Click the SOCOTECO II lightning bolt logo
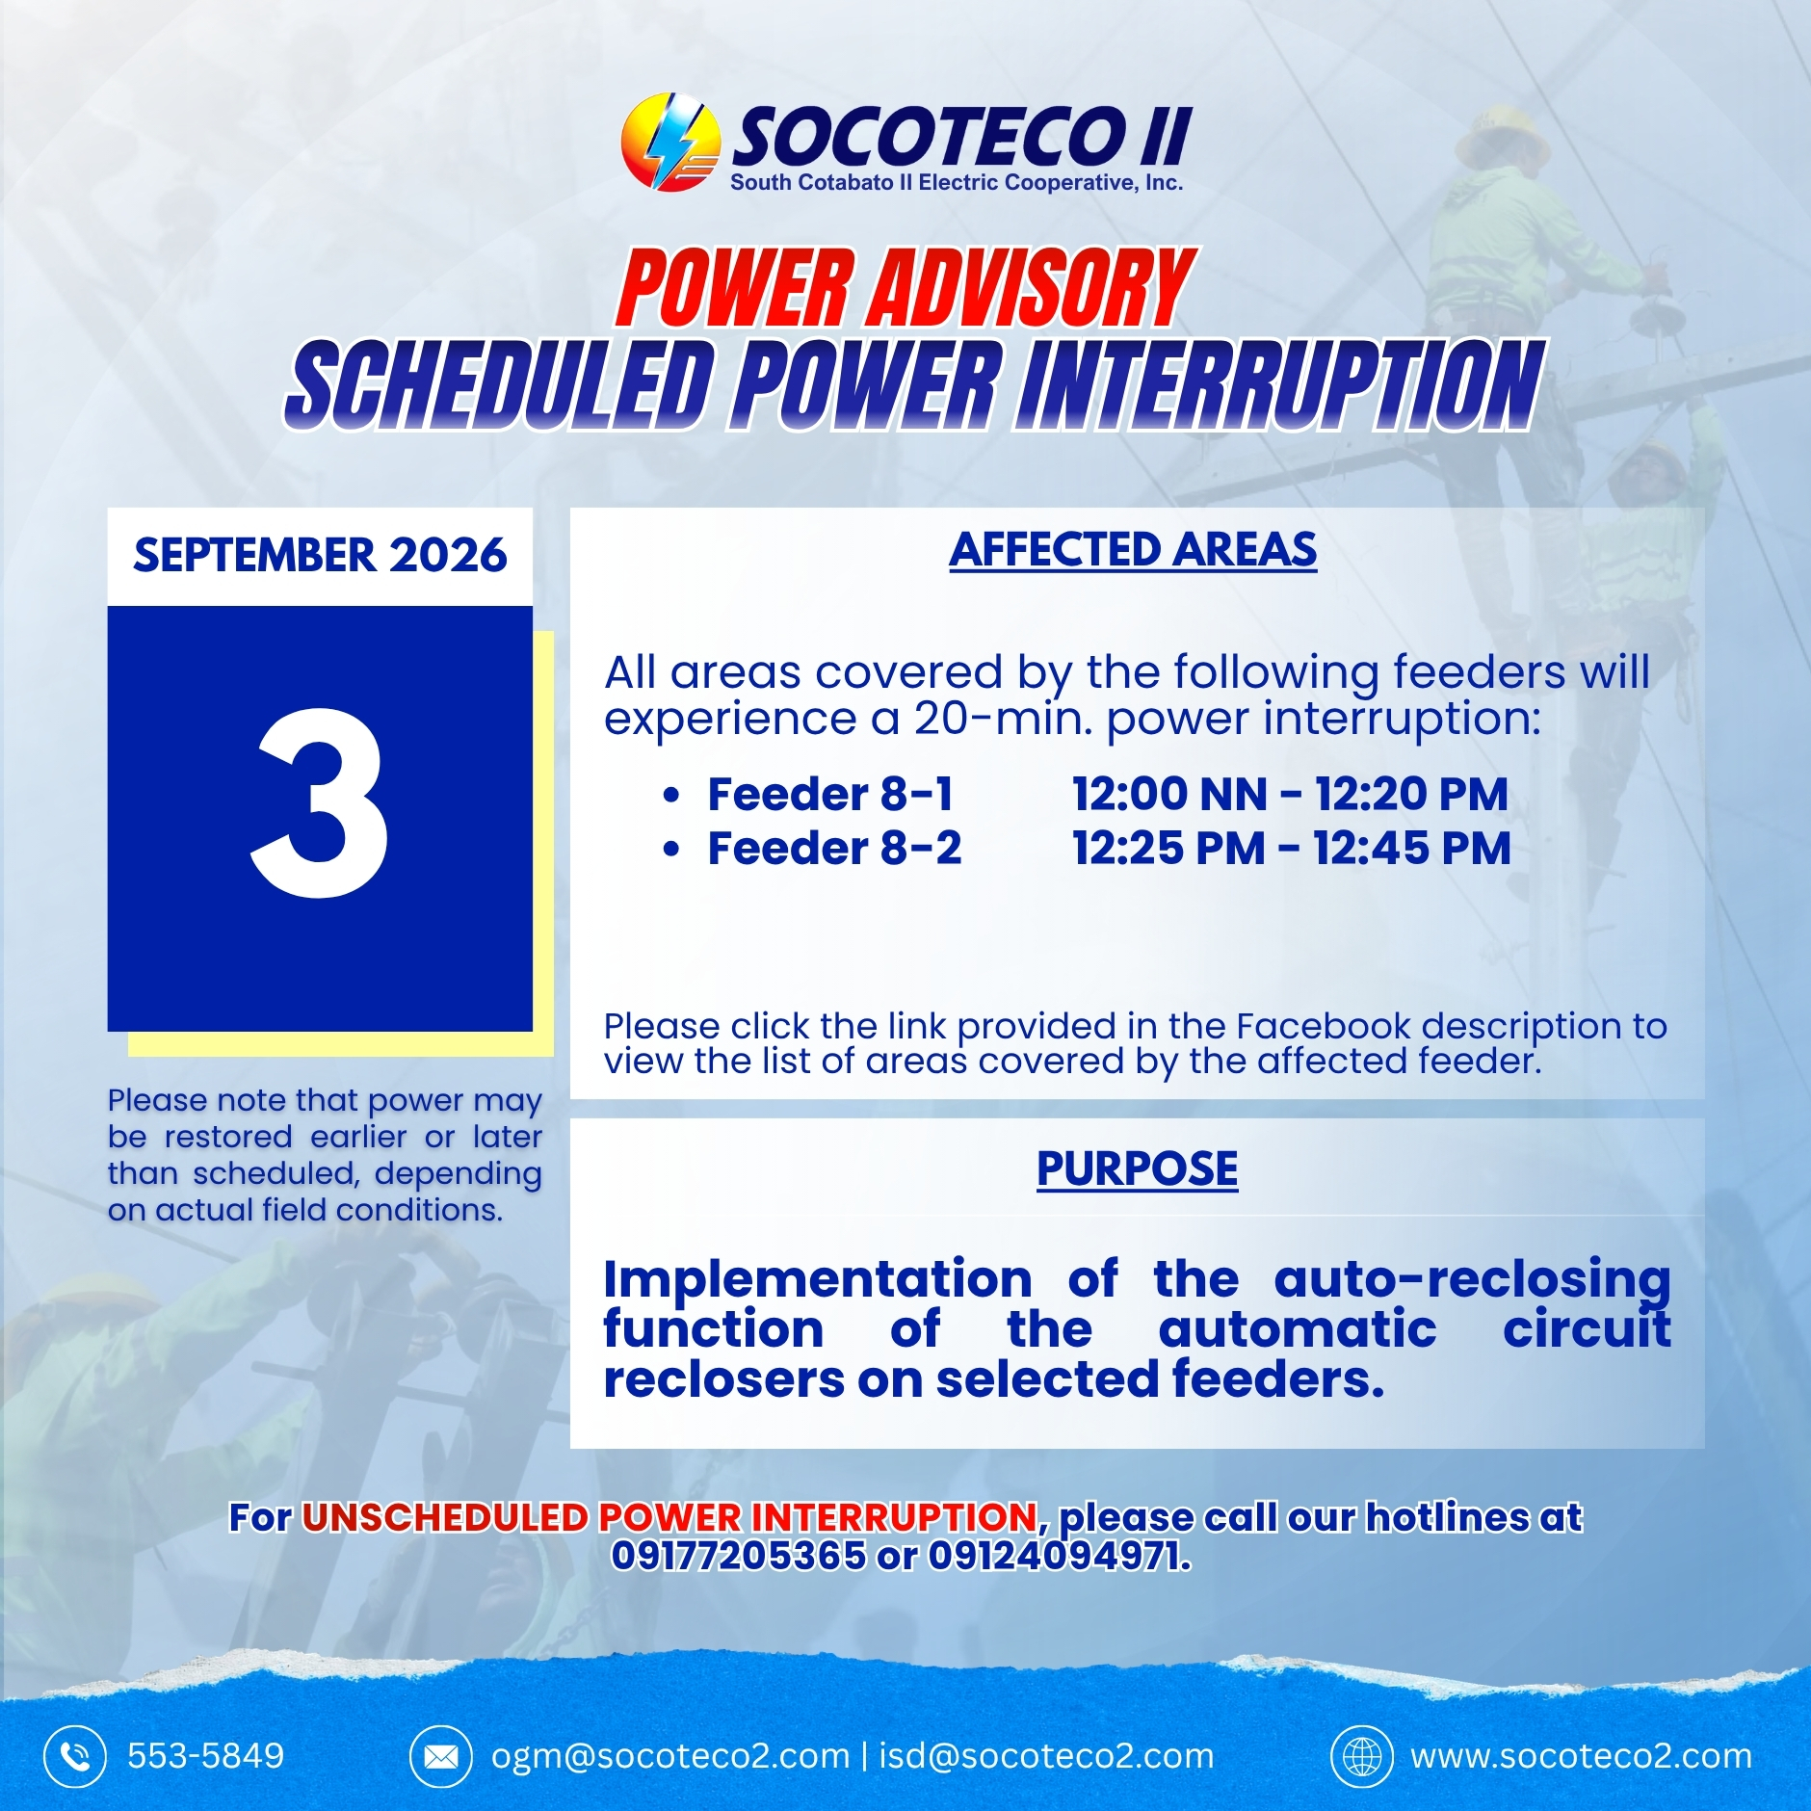[670, 142]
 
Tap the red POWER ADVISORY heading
[905, 287]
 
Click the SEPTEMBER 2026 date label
[320, 555]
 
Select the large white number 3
[320, 801]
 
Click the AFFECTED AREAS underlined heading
[1133, 550]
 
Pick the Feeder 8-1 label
[830, 794]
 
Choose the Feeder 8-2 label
[834, 848]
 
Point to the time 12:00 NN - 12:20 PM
[1291, 794]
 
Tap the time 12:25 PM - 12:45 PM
[1292, 848]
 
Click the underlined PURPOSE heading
[1138, 1168]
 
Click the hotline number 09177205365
[739, 1555]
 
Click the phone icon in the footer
[74, 1756]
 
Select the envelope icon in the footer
[441, 1756]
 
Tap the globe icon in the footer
[1362, 1756]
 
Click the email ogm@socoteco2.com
[670, 1756]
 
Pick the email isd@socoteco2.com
[1046, 1756]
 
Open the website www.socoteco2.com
[1582, 1756]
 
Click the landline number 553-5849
[206, 1756]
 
